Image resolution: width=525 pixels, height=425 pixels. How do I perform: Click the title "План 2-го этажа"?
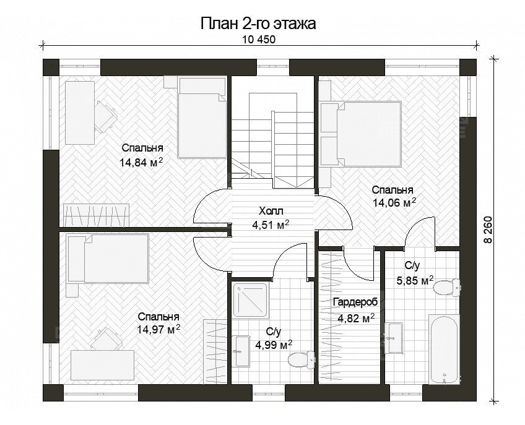258,24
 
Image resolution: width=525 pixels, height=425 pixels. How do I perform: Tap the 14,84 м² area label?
141,162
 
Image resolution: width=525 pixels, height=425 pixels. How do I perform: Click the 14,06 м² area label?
393,202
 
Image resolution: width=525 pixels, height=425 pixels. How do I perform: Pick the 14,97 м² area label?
158,328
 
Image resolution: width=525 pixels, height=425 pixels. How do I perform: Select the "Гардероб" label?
355,303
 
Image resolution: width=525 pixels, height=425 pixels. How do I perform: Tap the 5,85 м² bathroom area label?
419,280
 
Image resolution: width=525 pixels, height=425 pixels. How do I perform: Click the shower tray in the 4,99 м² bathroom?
250,303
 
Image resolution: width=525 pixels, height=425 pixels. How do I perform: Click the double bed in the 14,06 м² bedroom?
363,132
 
